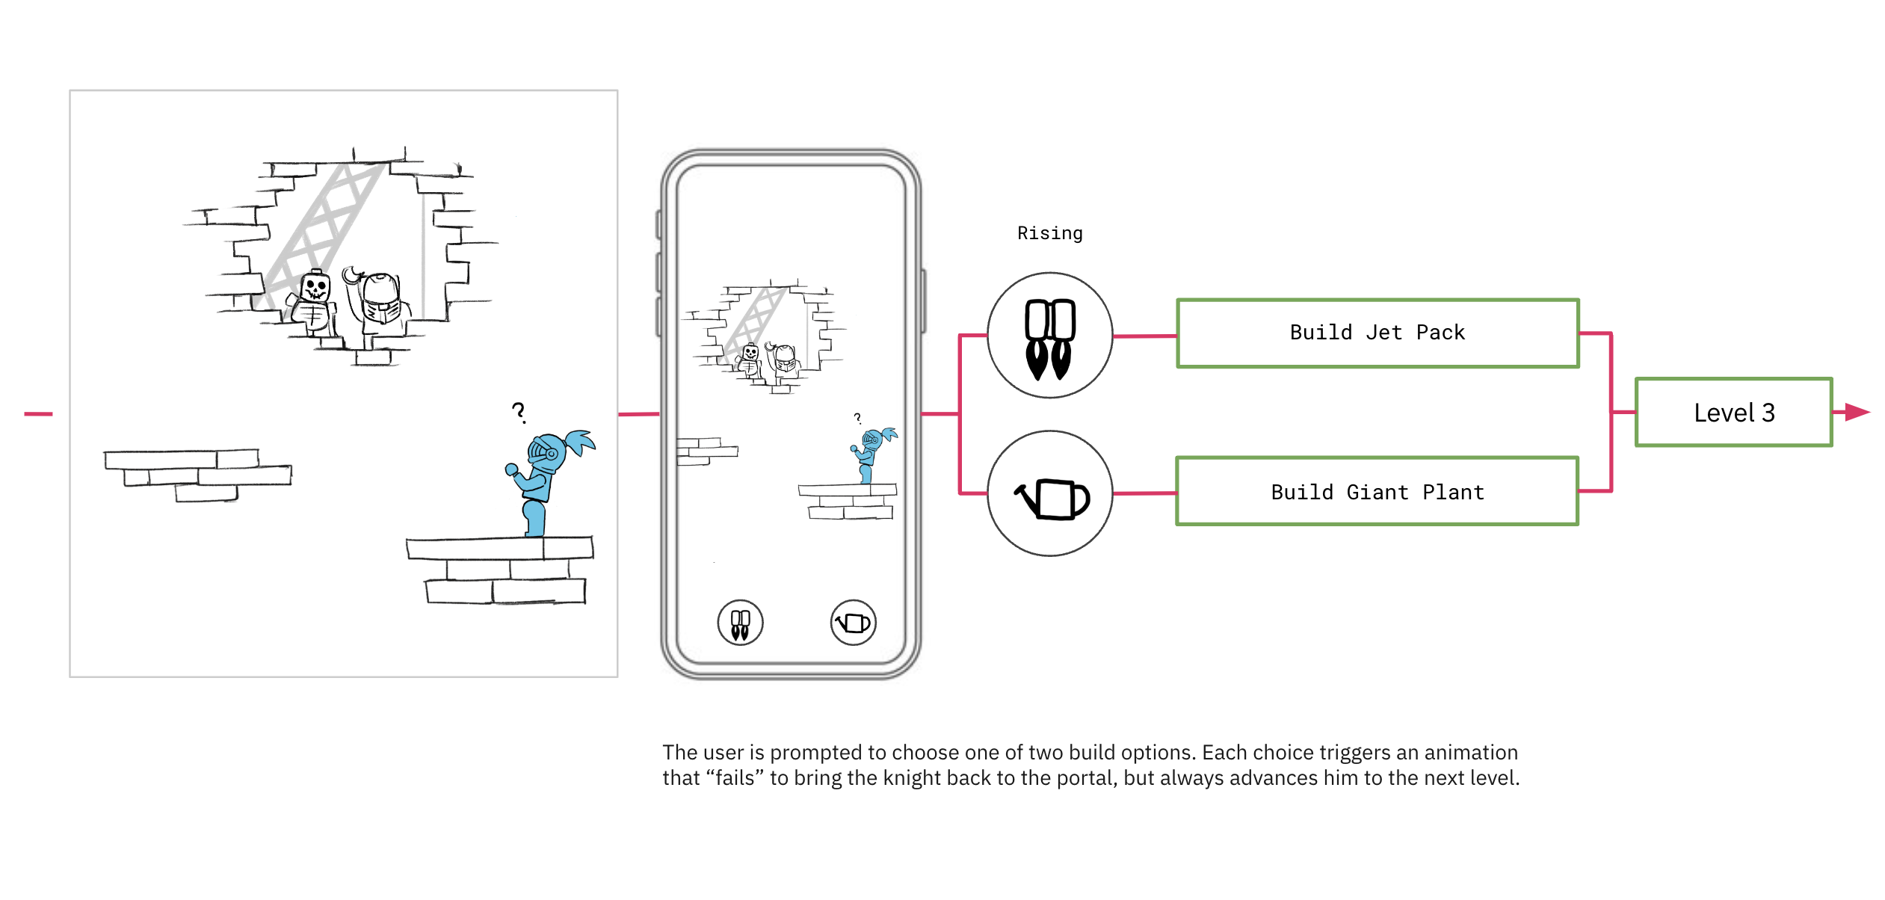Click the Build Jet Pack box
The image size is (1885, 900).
1377,333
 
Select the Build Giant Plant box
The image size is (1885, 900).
1377,492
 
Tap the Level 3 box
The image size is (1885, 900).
1733,413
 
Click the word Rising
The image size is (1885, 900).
1049,233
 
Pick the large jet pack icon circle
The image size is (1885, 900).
1049,336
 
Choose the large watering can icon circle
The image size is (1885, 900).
1049,493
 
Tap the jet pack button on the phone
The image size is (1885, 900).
740,623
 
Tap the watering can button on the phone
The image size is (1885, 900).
853,623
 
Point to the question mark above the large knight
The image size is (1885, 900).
519,412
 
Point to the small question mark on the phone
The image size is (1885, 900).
857,418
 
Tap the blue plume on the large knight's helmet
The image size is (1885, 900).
581,441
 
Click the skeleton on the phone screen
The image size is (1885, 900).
749,360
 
